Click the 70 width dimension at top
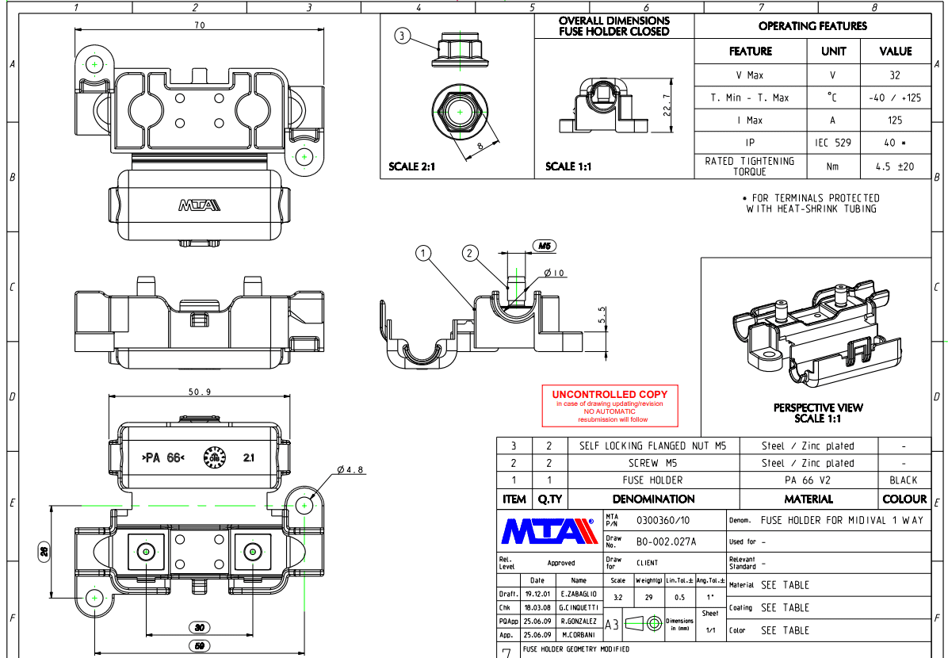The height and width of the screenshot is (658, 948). coord(199,25)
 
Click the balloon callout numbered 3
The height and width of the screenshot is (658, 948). coord(403,36)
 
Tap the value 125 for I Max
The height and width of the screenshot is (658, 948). coord(895,121)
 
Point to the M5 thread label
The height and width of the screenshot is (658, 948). coord(545,247)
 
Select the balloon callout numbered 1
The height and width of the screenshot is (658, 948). coord(425,253)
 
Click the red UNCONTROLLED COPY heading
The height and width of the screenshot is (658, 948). coord(610,394)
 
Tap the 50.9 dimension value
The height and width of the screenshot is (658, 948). coord(200,392)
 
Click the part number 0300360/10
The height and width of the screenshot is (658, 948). coord(663,520)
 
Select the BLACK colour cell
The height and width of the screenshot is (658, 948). coord(903,480)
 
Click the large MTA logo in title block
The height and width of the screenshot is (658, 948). coord(549,530)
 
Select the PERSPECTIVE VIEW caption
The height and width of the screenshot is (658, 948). coord(818,407)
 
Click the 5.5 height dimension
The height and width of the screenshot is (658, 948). coord(601,315)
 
